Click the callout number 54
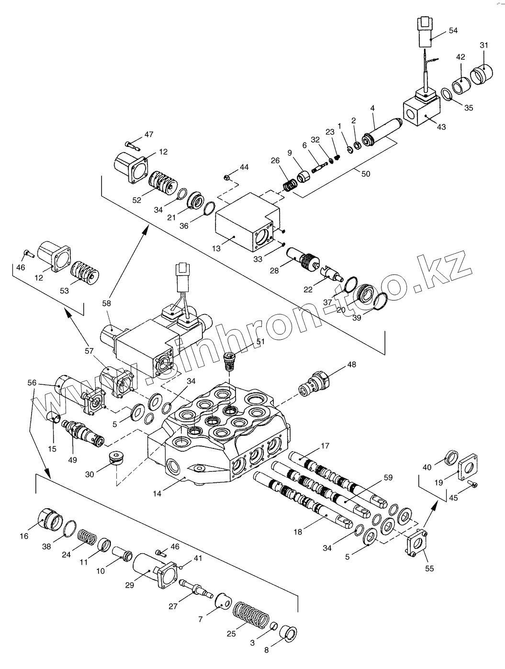point(453,31)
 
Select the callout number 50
point(365,174)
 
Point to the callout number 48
point(352,365)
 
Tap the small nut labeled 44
point(228,178)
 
